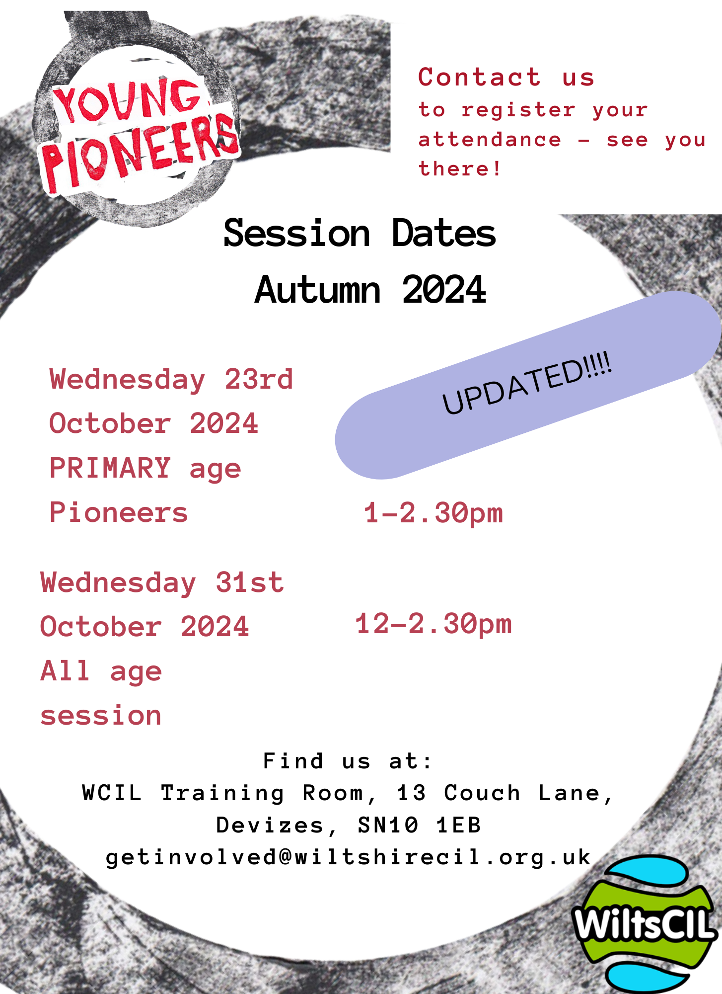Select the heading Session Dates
[x=360, y=233]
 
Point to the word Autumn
[x=318, y=289]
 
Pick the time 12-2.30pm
[x=433, y=625]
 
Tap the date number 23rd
[x=259, y=380]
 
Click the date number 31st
[x=250, y=582]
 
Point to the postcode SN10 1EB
[x=419, y=826]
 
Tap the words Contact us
[x=506, y=77]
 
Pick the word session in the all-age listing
[x=101, y=716]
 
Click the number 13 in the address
[x=411, y=793]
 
